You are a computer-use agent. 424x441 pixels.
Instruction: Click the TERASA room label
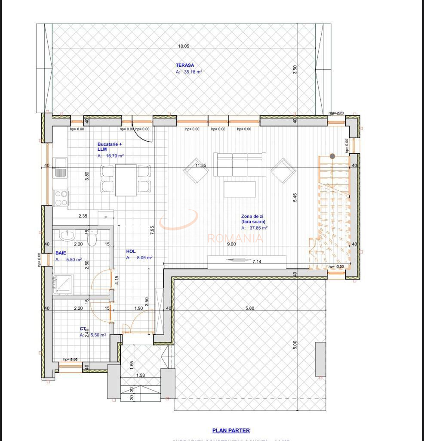click(184, 65)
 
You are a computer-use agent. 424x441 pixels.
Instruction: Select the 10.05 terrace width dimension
click(184, 46)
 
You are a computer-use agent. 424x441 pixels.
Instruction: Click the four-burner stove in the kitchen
click(61, 199)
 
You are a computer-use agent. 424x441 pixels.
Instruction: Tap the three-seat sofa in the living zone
click(240, 165)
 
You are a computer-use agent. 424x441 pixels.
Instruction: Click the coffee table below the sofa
click(240, 189)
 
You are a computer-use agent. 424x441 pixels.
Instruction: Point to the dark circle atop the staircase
click(332, 156)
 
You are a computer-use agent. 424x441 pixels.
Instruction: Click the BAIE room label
click(61, 253)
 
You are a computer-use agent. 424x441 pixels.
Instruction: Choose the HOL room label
click(131, 251)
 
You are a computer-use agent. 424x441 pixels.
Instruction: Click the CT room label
click(83, 328)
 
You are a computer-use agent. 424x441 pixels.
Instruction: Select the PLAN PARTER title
click(231, 430)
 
